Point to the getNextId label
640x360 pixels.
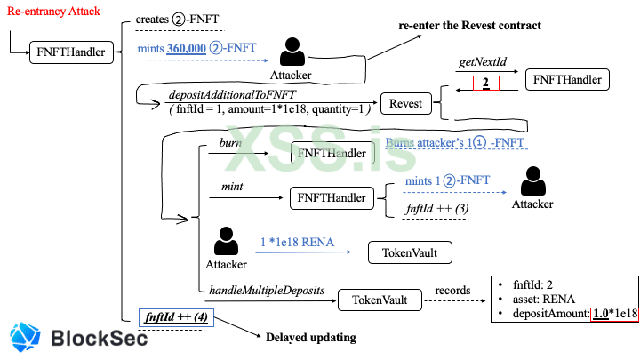[482, 64]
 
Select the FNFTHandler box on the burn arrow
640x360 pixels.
[331, 153]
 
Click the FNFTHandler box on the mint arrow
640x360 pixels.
[331, 197]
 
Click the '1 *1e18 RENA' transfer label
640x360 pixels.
[295, 242]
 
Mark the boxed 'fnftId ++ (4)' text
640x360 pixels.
[174, 317]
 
